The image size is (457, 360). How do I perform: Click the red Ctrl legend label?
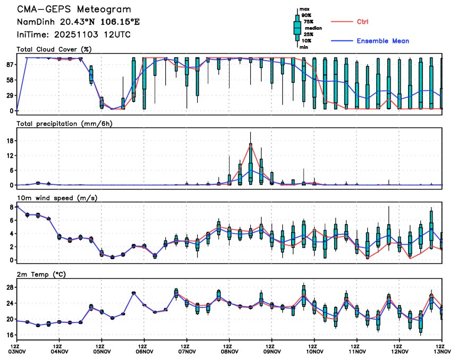(x=362, y=22)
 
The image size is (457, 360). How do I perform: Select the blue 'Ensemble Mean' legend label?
(x=383, y=41)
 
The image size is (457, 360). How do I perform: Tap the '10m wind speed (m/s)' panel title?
(x=52, y=198)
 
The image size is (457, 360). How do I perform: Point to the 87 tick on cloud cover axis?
(x=10, y=64)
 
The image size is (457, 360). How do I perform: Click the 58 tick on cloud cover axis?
(x=10, y=80)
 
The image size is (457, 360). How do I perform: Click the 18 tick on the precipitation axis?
(x=10, y=141)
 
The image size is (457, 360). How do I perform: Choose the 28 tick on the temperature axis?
(x=10, y=287)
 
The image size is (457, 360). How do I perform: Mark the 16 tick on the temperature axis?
(x=10, y=335)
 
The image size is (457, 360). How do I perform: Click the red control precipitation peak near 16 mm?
(x=250, y=144)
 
